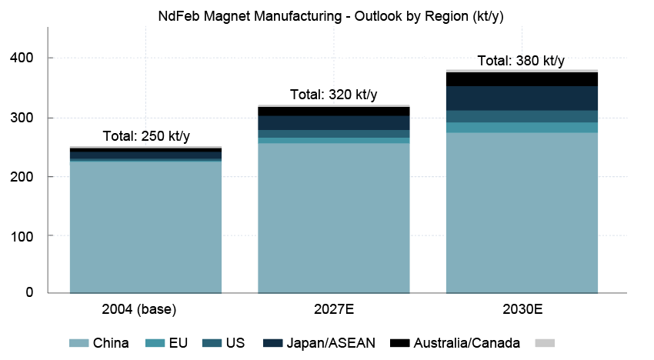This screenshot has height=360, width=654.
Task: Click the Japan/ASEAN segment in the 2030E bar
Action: click(x=522, y=98)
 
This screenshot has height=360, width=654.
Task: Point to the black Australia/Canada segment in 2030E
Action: click(x=522, y=79)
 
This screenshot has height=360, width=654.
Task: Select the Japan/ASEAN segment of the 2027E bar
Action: click(x=334, y=123)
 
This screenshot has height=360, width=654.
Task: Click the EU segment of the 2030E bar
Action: click(x=522, y=128)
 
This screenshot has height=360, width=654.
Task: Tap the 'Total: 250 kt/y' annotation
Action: click(x=146, y=137)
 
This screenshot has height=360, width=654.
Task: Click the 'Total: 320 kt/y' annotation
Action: click(x=334, y=95)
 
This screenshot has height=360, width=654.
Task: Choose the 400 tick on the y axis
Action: click(x=27, y=58)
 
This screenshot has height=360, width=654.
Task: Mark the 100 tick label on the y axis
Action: click(x=27, y=236)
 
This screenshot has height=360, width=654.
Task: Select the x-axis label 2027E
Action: click(x=334, y=311)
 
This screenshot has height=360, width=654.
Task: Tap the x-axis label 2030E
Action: click(x=522, y=311)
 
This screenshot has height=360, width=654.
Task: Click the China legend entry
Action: click(x=100, y=343)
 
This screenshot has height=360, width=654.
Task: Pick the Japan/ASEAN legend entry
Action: click(x=319, y=343)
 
